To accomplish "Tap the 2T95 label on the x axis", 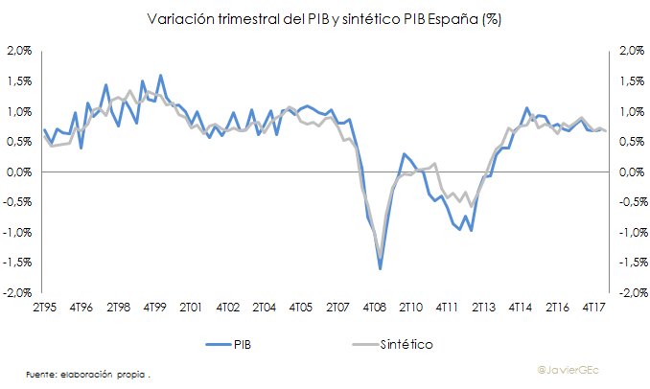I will click(x=44, y=307).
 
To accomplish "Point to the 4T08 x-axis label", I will click(x=374, y=307).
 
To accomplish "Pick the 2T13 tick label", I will click(x=483, y=307).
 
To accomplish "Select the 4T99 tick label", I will click(x=154, y=307).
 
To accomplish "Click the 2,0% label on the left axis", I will click(x=20, y=51).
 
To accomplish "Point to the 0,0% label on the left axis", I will click(x=20, y=172).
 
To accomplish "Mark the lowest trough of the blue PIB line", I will click(x=380, y=268).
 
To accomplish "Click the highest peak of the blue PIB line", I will click(x=160, y=75).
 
